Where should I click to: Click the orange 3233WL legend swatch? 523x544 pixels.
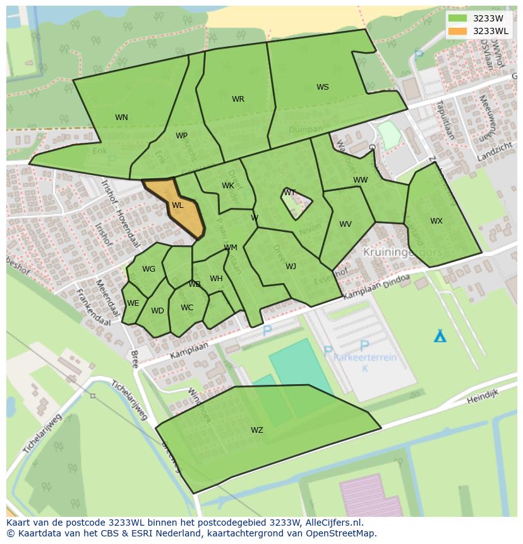coord(457,31)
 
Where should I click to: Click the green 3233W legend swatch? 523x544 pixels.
coord(457,18)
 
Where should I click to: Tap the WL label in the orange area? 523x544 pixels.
coord(177,205)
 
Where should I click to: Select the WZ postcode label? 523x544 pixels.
coord(256,430)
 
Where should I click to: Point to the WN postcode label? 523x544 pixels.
coord(121,118)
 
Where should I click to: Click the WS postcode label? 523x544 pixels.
coord(322,87)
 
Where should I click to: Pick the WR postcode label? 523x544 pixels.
coord(237,99)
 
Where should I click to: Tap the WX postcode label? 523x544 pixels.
coord(436,221)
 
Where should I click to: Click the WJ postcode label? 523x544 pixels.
coord(291,267)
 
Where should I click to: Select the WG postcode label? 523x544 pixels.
coord(148,269)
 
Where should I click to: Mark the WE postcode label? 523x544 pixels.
coord(133,303)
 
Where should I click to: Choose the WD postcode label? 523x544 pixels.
coord(157,311)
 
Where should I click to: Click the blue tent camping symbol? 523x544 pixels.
coord(440,335)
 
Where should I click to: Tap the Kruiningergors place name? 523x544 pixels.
coord(402,251)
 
